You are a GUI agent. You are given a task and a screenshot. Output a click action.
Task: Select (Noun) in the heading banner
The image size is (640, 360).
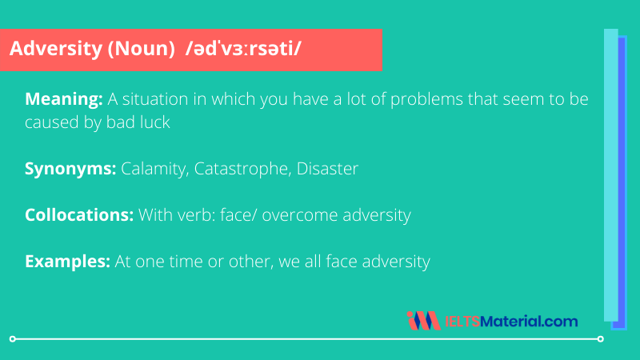pyautogui.click(x=134, y=50)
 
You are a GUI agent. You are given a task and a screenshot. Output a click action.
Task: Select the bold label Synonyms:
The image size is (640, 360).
pyautogui.click(x=70, y=170)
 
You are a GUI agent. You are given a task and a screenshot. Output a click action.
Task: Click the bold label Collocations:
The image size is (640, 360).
pyautogui.click(x=79, y=215)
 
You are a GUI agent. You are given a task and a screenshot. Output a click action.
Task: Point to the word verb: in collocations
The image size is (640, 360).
pyautogui.click(x=194, y=215)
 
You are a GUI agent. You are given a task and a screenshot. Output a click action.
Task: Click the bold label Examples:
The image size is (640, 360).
pyautogui.click(x=67, y=261)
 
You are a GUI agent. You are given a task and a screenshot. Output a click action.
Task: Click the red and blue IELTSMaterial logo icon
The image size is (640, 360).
pyautogui.click(x=423, y=322)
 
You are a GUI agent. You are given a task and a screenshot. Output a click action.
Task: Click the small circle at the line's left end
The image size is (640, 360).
pyautogui.click(x=12, y=339)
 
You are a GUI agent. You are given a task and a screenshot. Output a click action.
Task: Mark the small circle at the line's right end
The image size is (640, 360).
pyautogui.click(x=600, y=339)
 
